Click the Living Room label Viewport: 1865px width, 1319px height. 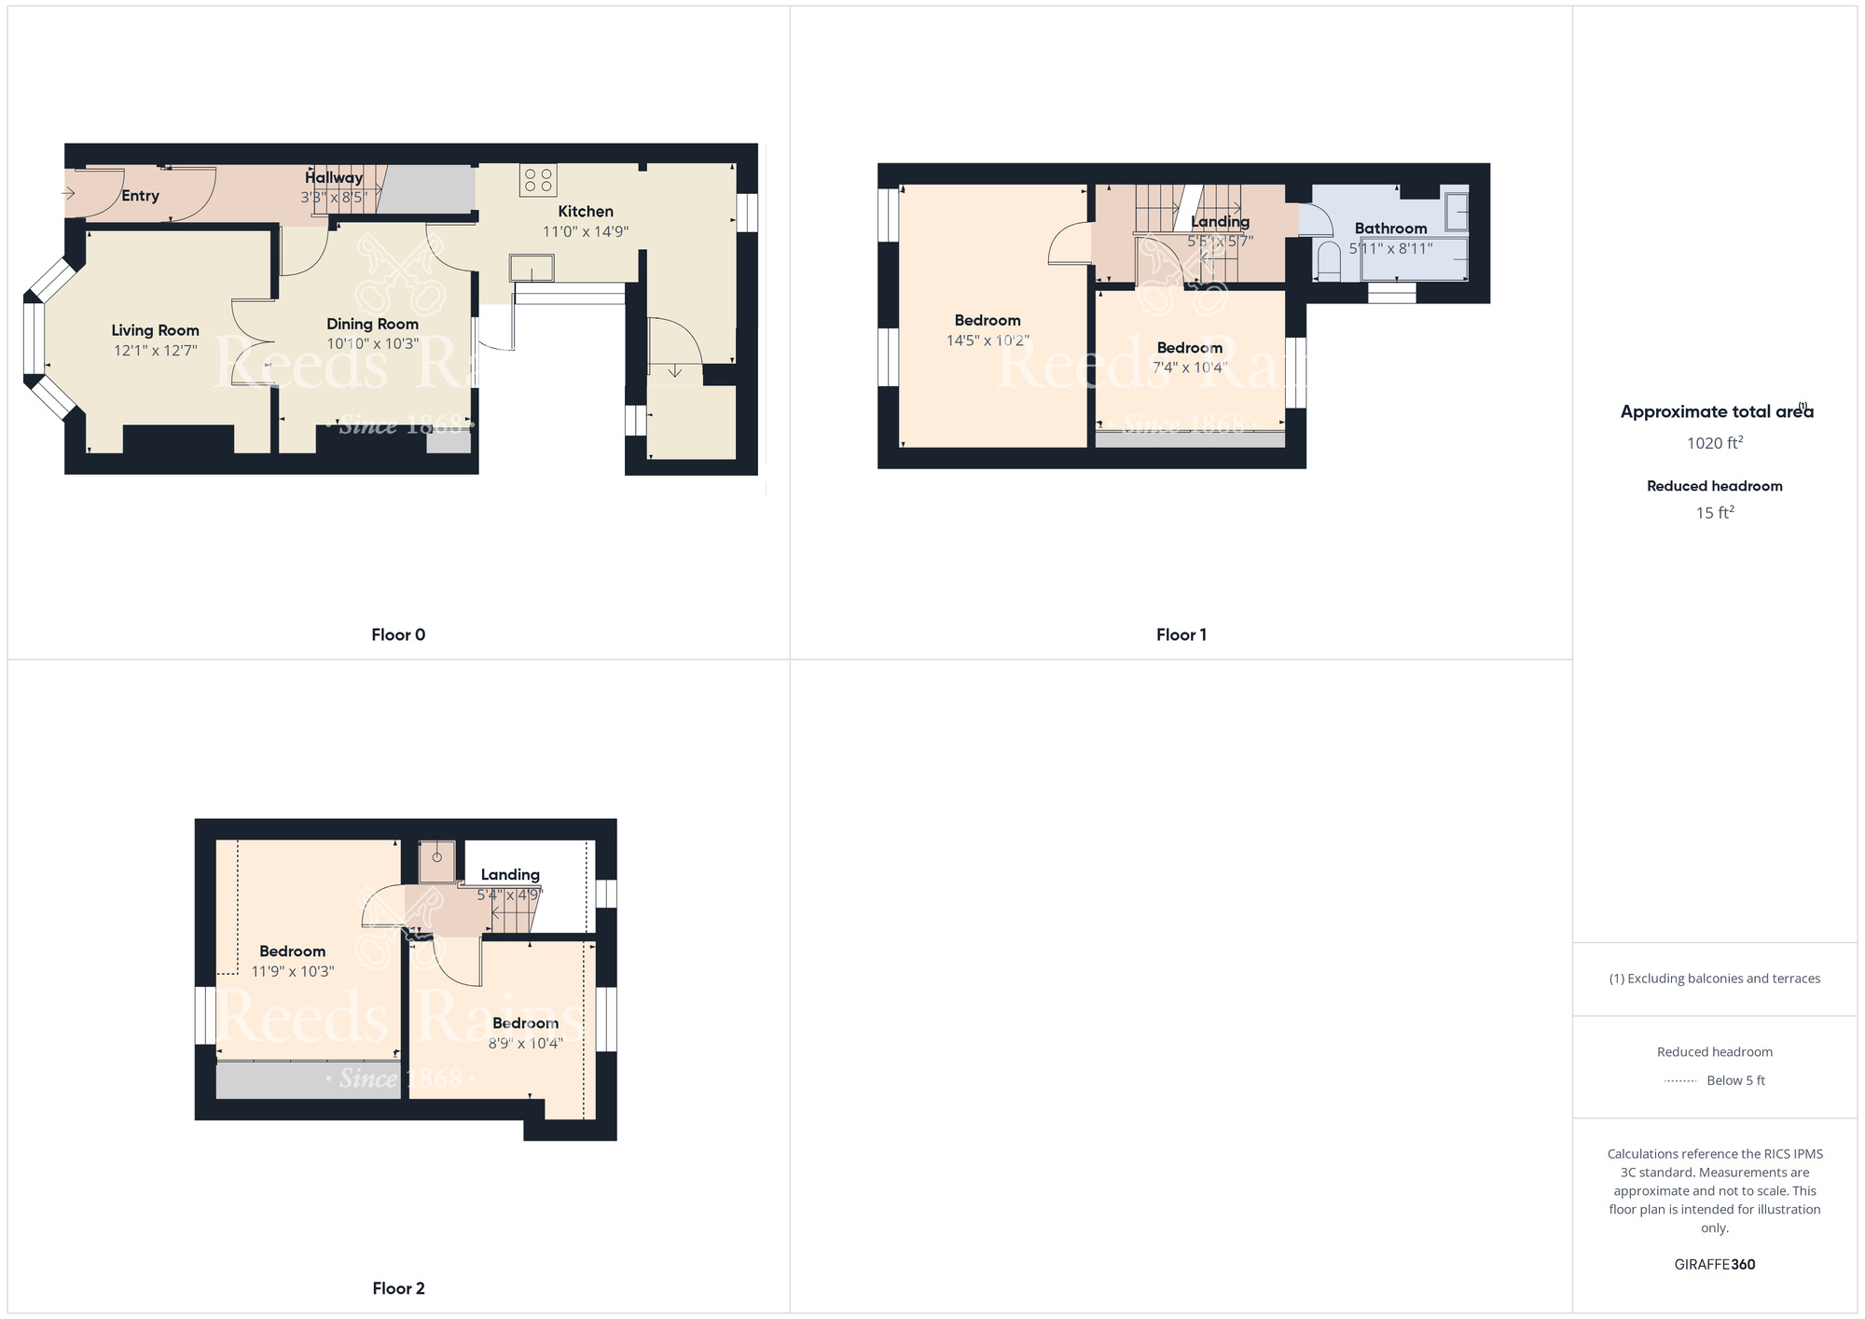[155, 330]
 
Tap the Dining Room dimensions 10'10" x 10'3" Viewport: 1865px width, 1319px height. [372, 344]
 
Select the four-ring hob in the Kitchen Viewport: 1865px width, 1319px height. [538, 180]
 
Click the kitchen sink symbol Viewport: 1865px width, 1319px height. [532, 269]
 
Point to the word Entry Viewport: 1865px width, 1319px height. [140, 196]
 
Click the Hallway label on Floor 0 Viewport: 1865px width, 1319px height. [334, 178]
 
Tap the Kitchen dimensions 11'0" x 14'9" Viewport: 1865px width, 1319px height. [586, 231]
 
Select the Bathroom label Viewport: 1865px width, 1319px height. [1390, 229]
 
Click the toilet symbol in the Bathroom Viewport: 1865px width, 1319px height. [1327, 261]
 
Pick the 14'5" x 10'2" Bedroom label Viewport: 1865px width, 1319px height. [988, 321]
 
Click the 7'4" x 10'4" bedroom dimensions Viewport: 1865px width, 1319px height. [1190, 368]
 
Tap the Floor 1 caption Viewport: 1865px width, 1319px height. [1181, 635]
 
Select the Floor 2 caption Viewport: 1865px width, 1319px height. [398, 1288]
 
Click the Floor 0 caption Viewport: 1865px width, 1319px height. [398, 635]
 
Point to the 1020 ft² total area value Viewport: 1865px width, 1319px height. [1715, 443]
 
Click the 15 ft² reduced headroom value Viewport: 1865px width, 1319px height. [1715, 513]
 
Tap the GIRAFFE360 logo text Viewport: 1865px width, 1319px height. [1715, 1265]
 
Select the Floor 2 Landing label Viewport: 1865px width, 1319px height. [510, 875]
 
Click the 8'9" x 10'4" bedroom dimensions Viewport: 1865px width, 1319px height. [526, 1044]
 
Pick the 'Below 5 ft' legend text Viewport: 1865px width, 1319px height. [1735, 1081]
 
